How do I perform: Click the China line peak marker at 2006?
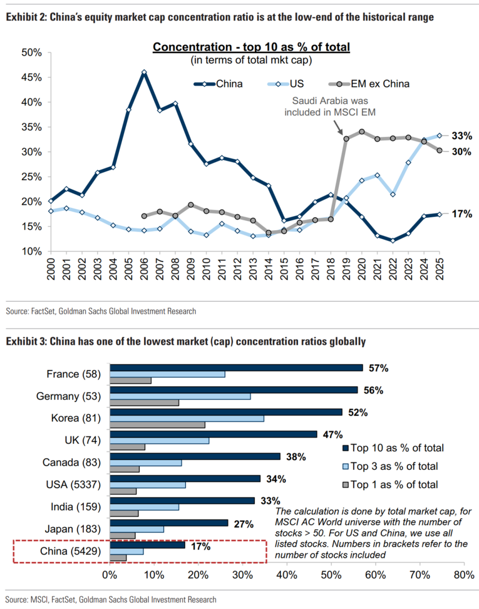coord(144,72)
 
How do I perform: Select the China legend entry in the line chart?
coord(218,84)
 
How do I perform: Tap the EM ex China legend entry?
coord(369,84)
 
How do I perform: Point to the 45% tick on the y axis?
coord(31,77)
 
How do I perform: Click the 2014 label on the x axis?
coord(268,269)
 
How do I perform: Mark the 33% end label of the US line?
coord(462,136)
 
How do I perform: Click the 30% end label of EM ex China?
coord(462,152)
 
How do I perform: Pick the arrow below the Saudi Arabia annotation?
coord(338,128)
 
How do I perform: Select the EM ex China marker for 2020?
coord(361,132)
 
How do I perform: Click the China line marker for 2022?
coord(393,241)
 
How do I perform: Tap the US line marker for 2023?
coord(408,163)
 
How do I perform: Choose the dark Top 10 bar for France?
coord(236,368)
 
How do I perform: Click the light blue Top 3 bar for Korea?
coord(187,419)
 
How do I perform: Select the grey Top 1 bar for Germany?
coord(144,403)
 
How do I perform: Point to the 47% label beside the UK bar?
coord(333,434)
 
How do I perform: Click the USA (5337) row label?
coord(73,484)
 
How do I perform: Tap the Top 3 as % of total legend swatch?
coord(345,466)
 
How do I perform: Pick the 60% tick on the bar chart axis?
coord(376,575)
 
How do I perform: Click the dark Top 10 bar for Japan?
coord(169,523)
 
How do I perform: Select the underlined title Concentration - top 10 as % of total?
coord(251,47)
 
